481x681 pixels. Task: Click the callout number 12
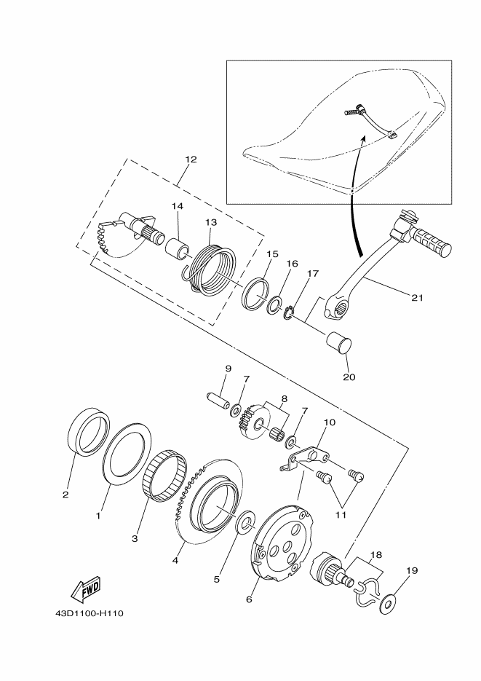point(191,159)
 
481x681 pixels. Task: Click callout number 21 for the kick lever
point(416,297)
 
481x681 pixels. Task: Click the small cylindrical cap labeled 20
point(340,342)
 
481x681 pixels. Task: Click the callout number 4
point(175,561)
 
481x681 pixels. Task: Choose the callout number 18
point(375,555)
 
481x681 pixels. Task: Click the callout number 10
point(329,422)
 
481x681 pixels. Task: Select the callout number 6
point(249,599)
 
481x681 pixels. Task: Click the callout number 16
point(291,264)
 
